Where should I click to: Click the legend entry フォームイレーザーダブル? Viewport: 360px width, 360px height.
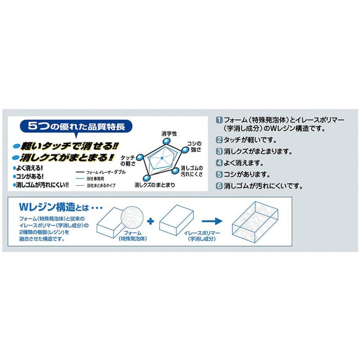coord(100,172)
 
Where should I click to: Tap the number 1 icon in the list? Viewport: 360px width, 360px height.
coord(219,120)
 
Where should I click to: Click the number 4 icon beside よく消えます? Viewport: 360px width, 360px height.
coord(219,163)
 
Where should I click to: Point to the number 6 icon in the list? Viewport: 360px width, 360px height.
coord(219,185)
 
